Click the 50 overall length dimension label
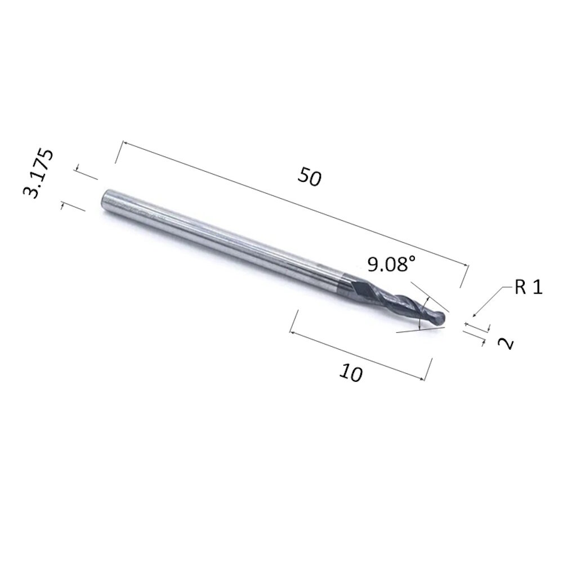coord(310,176)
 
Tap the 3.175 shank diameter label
coord(38,173)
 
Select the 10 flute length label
coord(351,373)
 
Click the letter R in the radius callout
coord(520,287)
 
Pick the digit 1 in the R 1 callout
coord(537,287)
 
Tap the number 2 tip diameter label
coord(506,343)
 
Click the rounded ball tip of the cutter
coord(440,317)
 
